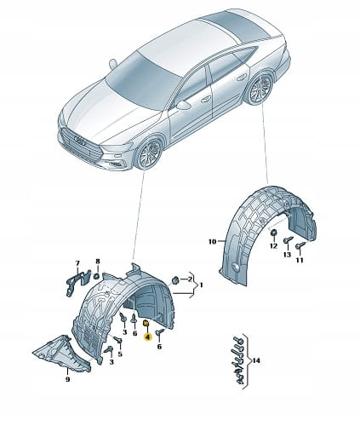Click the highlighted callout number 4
point(147,337)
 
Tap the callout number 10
point(212,242)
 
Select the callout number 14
point(256,360)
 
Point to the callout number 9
point(67,379)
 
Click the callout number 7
point(77,263)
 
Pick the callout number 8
point(98,261)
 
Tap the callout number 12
point(273,246)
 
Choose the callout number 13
point(287,255)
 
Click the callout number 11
point(300,260)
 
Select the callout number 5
point(120,354)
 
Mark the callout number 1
point(201,285)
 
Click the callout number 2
point(190,279)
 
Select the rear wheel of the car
point(260,88)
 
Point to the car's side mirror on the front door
point(183,105)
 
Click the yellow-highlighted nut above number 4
point(146,323)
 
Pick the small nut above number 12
point(274,233)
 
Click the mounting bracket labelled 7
point(77,281)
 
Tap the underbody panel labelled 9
point(62,354)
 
